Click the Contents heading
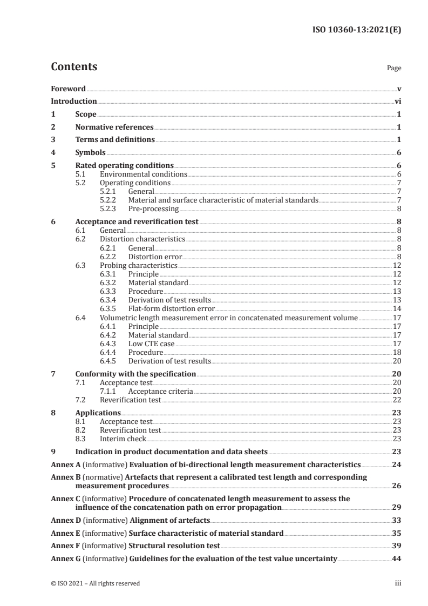(x=74, y=67)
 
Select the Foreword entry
(x=68, y=89)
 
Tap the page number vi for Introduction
(x=397, y=101)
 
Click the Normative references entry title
(x=114, y=127)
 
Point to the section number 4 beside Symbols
(x=53, y=153)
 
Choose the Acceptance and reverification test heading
(x=137, y=221)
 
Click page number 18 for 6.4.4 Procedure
(x=397, y=352)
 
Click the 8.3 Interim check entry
(x=123, y=439)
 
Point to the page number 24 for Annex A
(x=396, y=464)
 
